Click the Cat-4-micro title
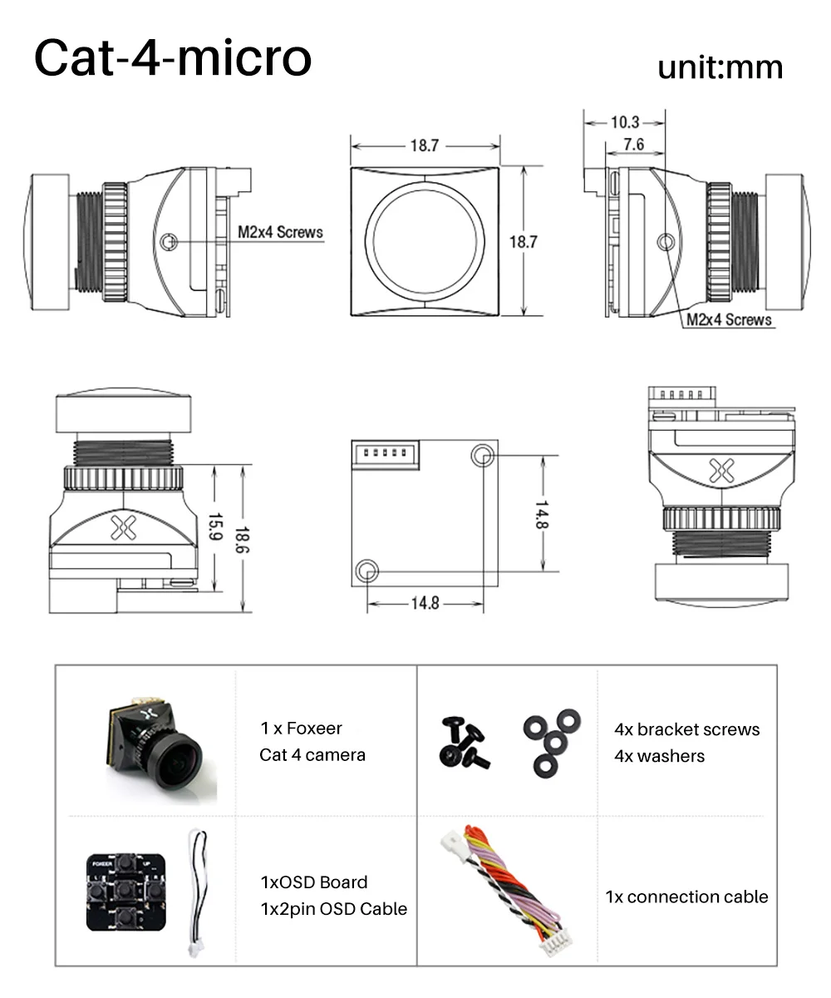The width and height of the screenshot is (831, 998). (173, 57)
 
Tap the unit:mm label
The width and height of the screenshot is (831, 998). (720, 68)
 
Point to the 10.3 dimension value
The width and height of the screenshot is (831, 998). (625, 122)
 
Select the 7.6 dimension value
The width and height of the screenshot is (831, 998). (634, 144)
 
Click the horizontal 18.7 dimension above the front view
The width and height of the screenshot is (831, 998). (425, 146)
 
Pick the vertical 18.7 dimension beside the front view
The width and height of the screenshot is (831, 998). (523, 242)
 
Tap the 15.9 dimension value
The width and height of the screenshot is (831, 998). (215, 526)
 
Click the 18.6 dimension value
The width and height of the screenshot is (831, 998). (242, 540)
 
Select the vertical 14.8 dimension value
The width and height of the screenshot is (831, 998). (542, 515)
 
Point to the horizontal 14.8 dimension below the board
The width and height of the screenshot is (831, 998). (425, 603)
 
